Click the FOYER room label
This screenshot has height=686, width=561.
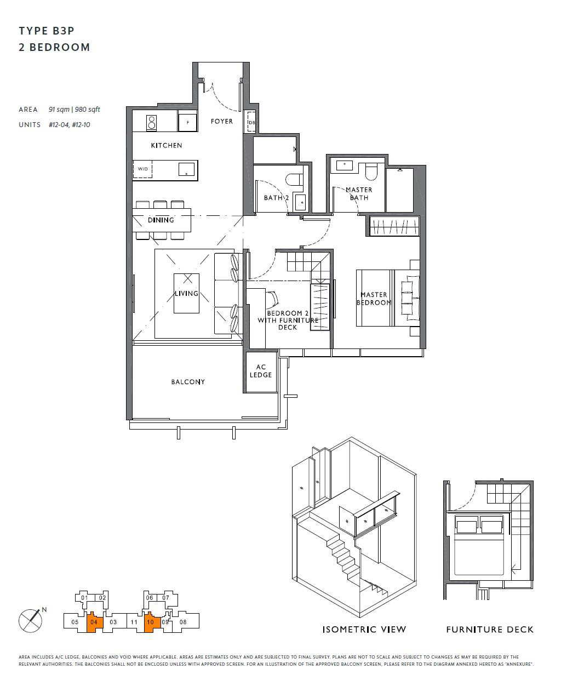coord(221,121)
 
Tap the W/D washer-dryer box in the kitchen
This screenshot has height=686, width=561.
coord(142,169)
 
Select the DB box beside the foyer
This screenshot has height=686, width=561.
coord(251,122)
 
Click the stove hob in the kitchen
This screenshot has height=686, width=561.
coord(151,123)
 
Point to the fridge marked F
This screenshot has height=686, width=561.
coord(188,122)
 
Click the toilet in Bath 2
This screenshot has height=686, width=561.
coord(294,179)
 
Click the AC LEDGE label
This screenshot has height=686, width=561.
coord(261,371)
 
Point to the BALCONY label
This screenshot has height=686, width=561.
coord(188,381)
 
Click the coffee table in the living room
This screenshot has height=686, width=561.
coord(186,293)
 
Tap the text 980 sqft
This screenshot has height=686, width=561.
coord(88,109)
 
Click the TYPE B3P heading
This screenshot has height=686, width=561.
coord(47,31)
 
